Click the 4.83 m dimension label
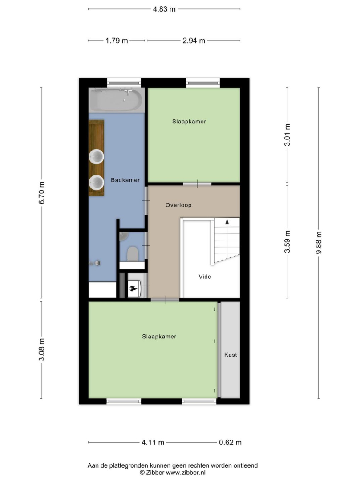(x=164, y=9)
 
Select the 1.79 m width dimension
(x=117, y=41)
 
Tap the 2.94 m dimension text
(x=194, y=41)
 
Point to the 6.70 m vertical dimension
(x=42, y=193)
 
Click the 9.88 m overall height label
(x=319, y=243)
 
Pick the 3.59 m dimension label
(x=287, y=241)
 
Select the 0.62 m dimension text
(x=231, y=442)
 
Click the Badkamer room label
(x=125, y=180)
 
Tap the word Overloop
(x=178, y=205)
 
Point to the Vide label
(x=205, y=277)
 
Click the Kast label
(x=231, y=355)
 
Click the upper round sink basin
(x=97, y=157)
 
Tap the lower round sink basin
(x=97, y=183)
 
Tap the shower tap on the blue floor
(x=95, y=263)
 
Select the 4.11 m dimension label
(x=153, y=442)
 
